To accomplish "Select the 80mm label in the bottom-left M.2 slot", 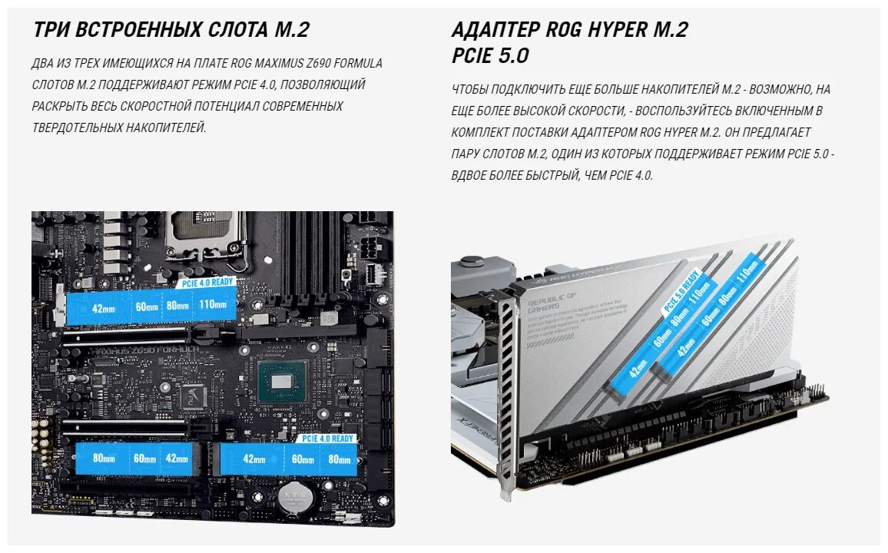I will tap(104, 459).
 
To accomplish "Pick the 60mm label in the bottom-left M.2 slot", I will tap(144, 459).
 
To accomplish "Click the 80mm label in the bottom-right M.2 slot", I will tap(339, 459).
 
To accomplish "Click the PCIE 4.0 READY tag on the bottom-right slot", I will tap(328, 439).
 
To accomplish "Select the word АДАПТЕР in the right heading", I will tap(495, 30).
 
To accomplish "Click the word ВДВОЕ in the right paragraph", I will tap(469, 175).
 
